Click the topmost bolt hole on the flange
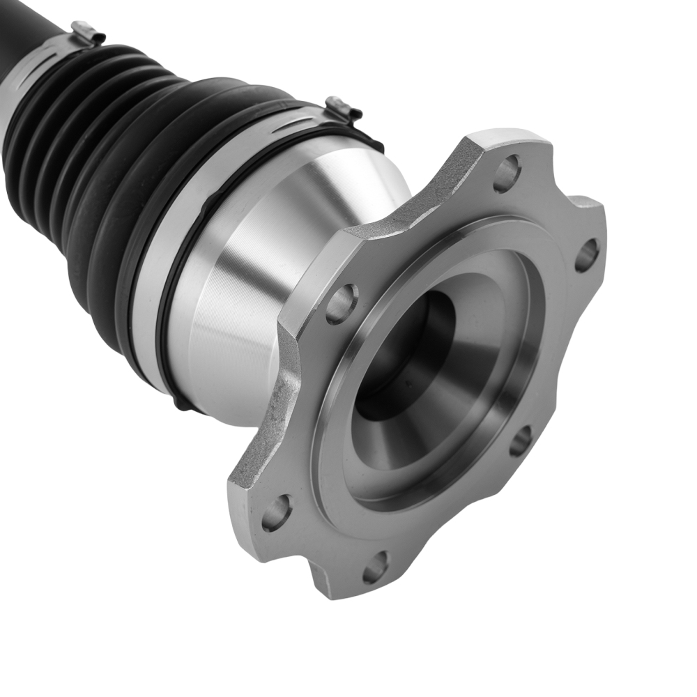(507, 173)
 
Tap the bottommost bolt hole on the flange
(375, 567)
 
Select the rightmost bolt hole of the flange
(586, 255)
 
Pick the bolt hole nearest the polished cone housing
(342, 304)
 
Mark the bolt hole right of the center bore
(521, 441)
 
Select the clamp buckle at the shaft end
(88, 32)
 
